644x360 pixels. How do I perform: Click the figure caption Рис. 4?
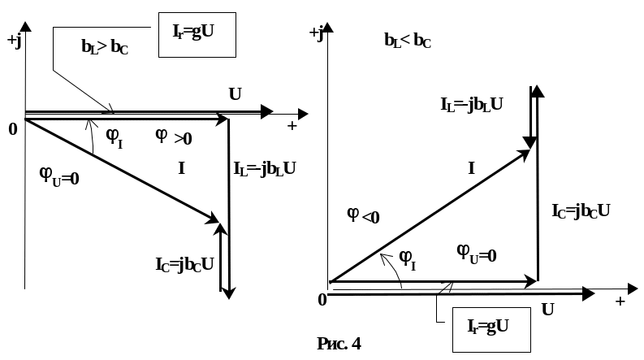pos(339,344)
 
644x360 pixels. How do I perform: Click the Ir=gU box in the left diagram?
pos(197,35)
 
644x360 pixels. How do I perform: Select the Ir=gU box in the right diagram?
pos(491,330)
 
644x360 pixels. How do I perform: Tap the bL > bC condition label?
pos(105,47)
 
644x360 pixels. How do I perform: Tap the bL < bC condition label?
pos(408,41)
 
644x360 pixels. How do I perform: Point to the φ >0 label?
pos(174,137)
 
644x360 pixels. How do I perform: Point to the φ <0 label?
pos(363,215)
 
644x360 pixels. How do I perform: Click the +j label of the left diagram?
pos(15,41)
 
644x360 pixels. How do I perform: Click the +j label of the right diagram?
pos(317,33)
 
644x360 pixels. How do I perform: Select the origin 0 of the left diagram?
pos(13,129)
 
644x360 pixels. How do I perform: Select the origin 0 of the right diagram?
pos(322,300)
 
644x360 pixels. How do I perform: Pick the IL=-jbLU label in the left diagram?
pos(265,169)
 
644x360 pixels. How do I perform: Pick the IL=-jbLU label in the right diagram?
pos(472,105)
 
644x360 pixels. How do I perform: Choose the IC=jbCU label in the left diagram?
pos(184,265)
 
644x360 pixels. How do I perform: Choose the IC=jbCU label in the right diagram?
pos(581,211)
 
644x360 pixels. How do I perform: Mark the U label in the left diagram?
pos(235,94)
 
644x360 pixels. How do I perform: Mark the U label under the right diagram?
pos(548,310)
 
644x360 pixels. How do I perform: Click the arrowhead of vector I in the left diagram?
pos(214,219)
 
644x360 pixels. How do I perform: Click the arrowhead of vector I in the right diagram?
pos(524,154)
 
